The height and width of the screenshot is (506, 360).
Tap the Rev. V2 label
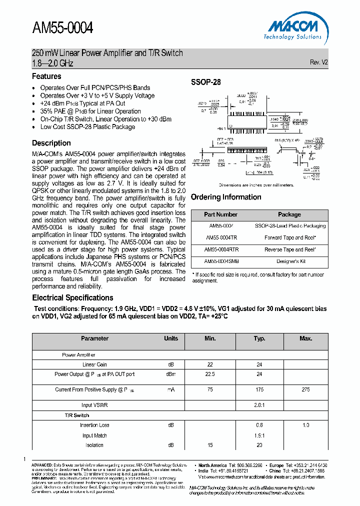318,62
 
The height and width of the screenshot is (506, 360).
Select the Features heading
46,76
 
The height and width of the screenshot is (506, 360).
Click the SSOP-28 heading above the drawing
205,82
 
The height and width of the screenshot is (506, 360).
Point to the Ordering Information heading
226,197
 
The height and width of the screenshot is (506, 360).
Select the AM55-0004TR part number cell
220,237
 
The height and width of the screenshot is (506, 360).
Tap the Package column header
289,214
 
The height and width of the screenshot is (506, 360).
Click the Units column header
171,338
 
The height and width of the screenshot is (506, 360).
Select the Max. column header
305,338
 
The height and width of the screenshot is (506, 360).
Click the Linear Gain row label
94,364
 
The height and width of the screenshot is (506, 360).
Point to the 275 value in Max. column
305,389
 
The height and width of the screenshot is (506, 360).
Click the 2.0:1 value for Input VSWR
259,405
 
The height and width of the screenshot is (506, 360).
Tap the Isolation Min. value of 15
210,445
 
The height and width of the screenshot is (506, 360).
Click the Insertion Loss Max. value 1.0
305,425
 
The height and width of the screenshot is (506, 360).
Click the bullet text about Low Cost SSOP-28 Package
87,127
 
